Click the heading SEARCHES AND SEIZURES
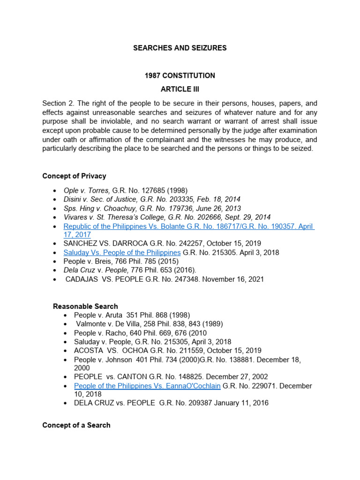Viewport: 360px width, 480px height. (180, 48)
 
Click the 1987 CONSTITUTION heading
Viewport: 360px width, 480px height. (180, 75)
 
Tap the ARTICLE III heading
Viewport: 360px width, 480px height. (180, 90)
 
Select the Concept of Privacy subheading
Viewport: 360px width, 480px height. (74, 176)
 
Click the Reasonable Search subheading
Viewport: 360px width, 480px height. (85, 306)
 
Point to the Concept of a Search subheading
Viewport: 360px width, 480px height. (76, 425)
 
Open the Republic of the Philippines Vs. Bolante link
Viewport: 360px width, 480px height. (187, 226)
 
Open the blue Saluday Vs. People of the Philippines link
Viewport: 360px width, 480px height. (122, 253)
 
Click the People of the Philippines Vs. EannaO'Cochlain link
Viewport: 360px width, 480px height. (147, 386)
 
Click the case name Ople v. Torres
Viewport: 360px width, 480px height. (87, 191)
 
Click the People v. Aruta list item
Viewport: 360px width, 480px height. (96, 315)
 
